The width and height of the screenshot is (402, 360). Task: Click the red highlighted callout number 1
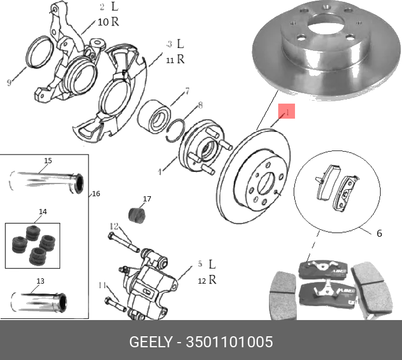click(287, 112)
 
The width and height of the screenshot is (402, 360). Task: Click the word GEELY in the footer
click(150, 342)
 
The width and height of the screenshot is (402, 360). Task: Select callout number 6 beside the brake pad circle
click(379, 234)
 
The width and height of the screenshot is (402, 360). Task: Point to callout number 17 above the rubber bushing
click(147, 199)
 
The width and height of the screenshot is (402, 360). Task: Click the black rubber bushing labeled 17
click(138, 213)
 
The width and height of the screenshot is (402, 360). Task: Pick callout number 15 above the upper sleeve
click(48, 160)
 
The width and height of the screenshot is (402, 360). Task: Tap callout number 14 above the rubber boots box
click(43, 212)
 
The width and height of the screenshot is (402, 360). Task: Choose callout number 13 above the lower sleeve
click(40, 281)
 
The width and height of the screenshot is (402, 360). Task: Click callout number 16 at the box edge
click(96, 193)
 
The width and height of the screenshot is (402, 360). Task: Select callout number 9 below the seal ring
click(9, 83)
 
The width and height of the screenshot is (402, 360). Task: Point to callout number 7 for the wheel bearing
click(187, 91)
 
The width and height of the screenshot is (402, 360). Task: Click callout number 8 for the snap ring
click(201, 105)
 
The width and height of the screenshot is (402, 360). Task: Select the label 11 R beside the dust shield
click(175, 59)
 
